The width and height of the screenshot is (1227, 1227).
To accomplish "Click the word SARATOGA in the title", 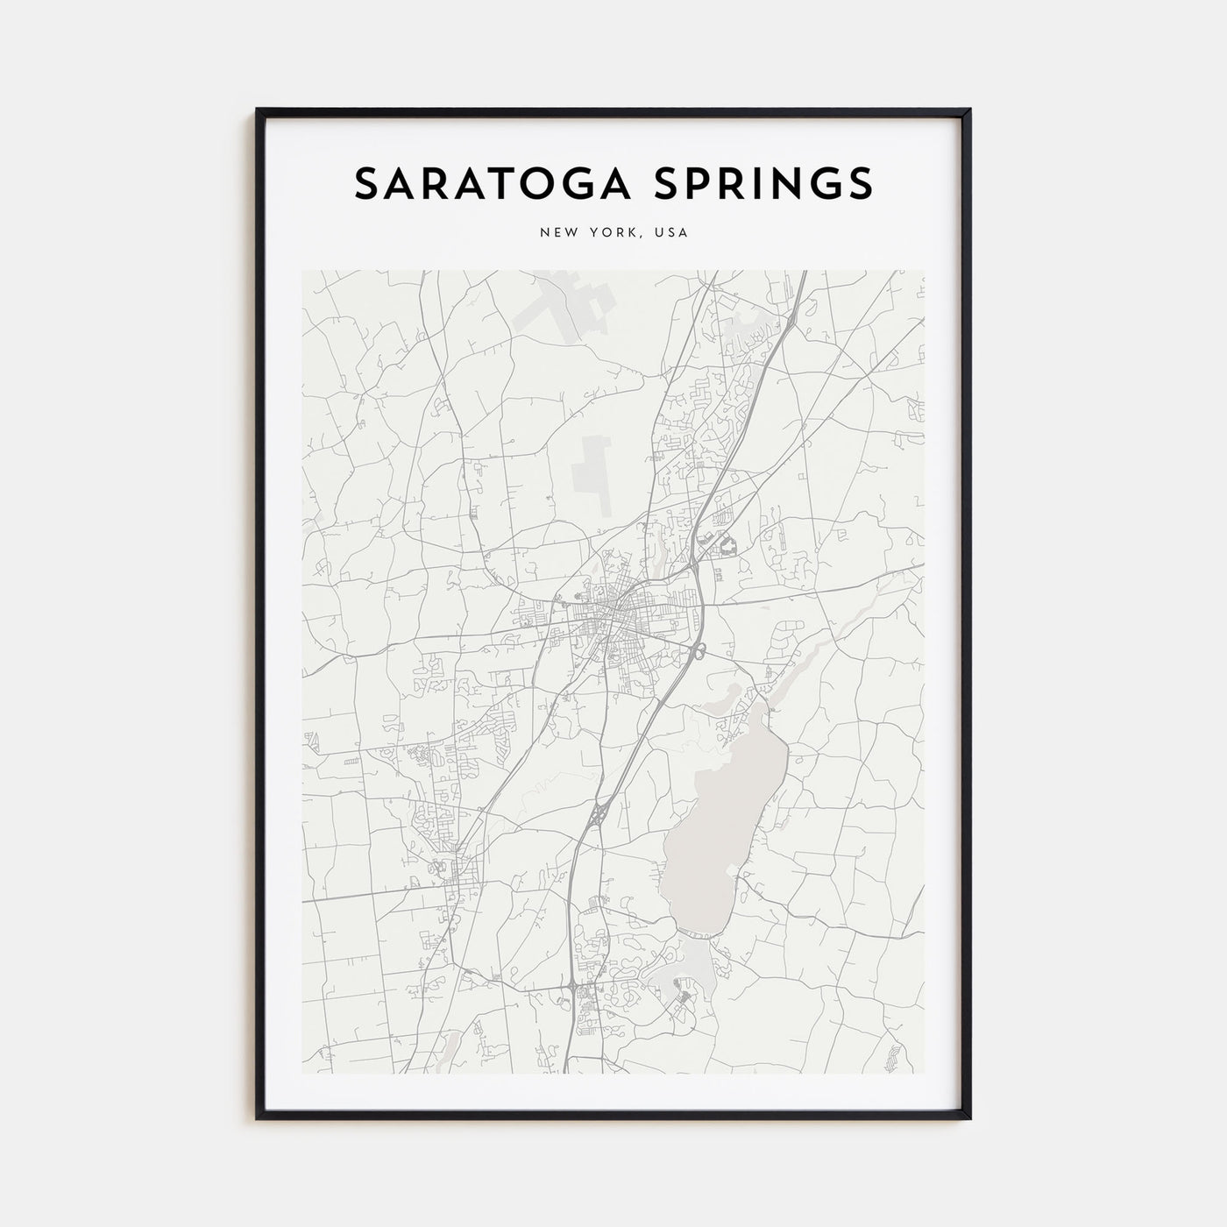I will pyautogui.click(x=477, y=183).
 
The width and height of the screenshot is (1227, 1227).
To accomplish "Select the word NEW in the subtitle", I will pyautogui.click(x=555, y=233).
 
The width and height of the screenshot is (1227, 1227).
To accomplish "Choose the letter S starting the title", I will pyautogui.click(x=366, y=183).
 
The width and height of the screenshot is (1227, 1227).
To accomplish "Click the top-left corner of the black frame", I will pyautogui.click(x=259, y=111).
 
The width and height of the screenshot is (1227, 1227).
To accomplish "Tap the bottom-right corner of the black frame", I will pyautogui.click(x=968, y=1117).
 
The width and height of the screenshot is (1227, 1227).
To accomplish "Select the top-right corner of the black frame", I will pyautogui.click(x=968, y=111).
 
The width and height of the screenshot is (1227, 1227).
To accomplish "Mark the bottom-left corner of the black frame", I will pyautogui.click(x=259, y=1117).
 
